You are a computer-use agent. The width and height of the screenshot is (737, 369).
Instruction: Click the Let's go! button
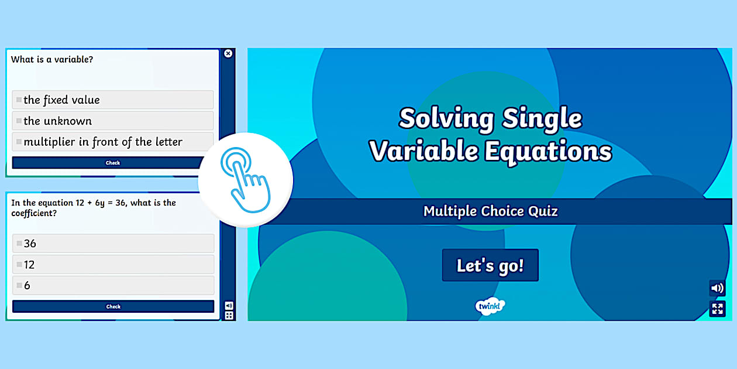click(x=490, y=265)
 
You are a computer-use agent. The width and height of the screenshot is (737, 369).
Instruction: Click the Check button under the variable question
click(x=113, y=163)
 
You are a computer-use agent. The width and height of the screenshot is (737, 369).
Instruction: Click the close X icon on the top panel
click(x=228, y=53)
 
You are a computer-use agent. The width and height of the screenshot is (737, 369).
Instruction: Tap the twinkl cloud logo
click(x=490, y=306)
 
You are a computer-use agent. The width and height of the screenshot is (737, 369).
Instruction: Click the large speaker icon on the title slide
click(x=717, y=288)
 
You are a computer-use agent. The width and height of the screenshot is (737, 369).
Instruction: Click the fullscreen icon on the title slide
click(x=717, y=309)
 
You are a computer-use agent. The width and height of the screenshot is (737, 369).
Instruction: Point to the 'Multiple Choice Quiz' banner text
click(x=490, y=211)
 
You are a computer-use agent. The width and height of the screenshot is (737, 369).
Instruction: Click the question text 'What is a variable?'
click(x=52, y=59)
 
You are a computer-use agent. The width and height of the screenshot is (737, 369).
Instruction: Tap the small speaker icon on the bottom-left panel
click(x=229, y=305)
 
